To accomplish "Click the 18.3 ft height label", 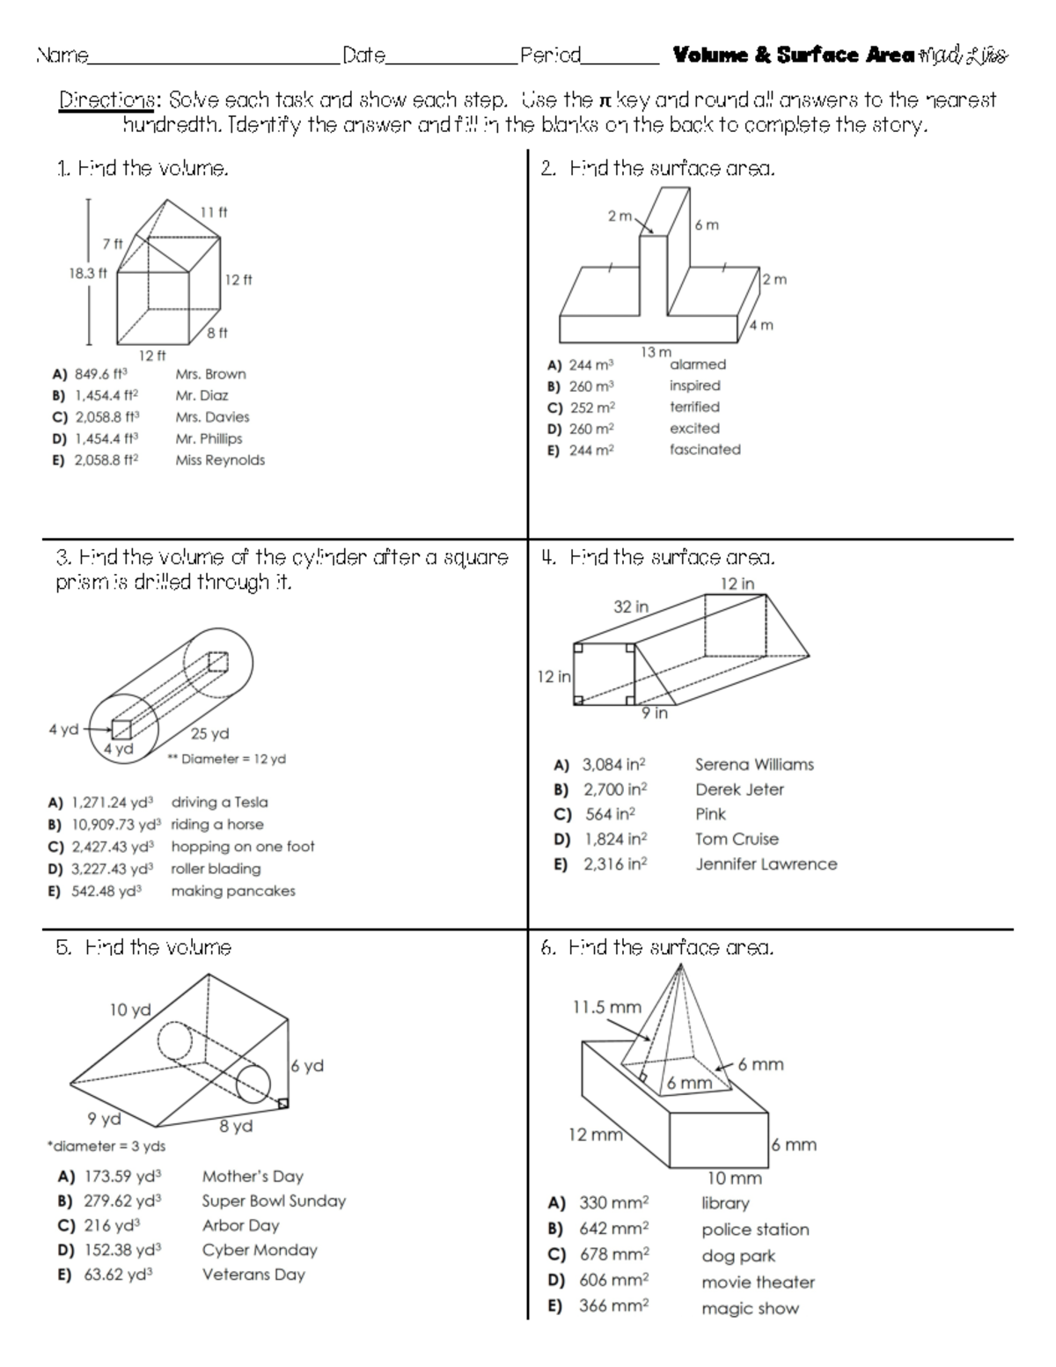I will pos(87,273).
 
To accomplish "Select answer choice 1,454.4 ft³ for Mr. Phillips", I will pos(103,438).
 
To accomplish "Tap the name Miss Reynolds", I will pos(219,459).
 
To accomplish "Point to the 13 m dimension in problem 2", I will pos(656,352).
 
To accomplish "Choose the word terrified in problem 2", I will pos(694,407).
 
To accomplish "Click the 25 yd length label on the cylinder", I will pos(209,733).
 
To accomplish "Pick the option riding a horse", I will pos(216,824).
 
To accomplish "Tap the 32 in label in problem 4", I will pos(631,606).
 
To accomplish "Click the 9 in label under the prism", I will pos(654,713).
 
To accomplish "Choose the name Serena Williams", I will pos(754,764).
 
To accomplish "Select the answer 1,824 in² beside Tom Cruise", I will pos(614,839).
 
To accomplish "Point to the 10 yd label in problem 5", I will pos(129,1010).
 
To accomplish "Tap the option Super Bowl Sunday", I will pos(274,1201).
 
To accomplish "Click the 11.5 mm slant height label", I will pos(607,1007).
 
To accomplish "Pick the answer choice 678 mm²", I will pos(613,1254).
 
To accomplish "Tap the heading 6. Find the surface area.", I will pos(657,948).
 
